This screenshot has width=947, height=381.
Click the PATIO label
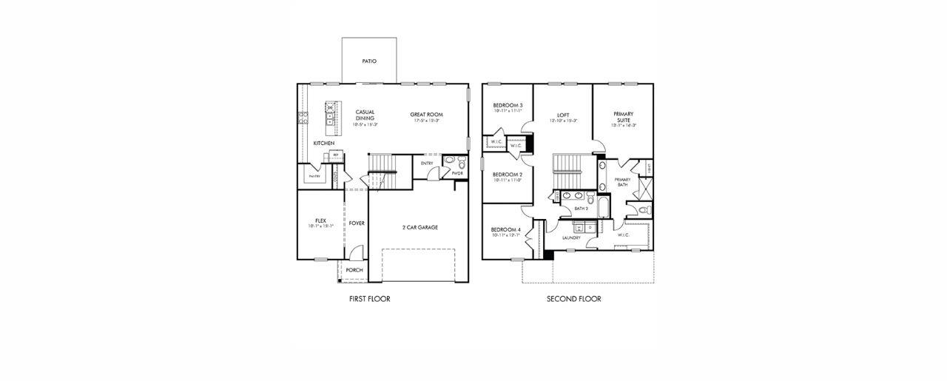368,61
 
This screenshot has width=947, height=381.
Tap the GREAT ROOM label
428,115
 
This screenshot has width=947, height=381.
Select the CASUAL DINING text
365,115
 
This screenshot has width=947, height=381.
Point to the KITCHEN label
323,143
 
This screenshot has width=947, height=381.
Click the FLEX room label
320,220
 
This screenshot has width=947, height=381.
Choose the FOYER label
357,223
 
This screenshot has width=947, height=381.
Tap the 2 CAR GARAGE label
419,227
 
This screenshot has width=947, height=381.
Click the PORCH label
354,270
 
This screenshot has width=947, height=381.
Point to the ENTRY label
427,163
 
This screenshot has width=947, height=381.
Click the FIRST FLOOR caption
369,299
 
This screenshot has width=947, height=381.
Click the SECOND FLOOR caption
573,299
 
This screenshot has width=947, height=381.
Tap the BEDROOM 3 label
508,105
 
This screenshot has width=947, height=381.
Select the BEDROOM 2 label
508,175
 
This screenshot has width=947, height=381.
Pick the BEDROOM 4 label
507,230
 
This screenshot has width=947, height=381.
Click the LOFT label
562,115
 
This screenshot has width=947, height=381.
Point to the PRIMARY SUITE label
623,117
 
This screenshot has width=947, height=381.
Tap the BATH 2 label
581,209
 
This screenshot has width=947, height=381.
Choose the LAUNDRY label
570,237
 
